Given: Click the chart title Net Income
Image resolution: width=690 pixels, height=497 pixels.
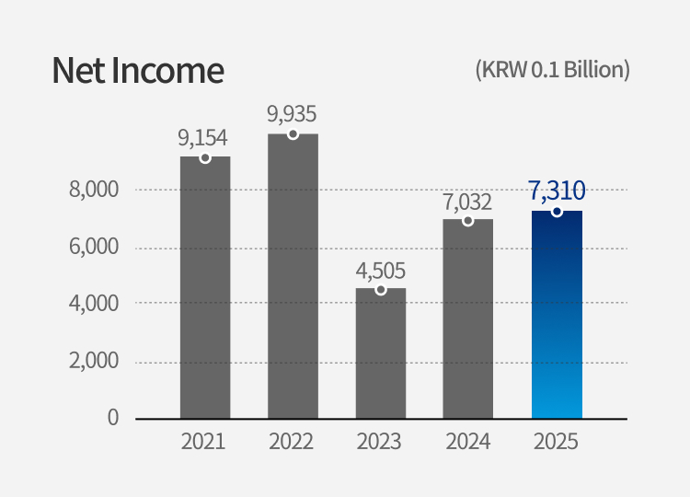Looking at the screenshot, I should coord(138,71).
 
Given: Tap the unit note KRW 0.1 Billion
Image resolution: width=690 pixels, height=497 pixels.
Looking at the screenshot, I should coord(552,70).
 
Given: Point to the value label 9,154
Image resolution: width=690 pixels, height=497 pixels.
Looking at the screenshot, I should coord(203,138).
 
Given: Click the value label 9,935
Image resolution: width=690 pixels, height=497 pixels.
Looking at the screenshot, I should coord(292,114).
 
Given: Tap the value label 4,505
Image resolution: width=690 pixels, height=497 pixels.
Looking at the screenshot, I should coord(380,271).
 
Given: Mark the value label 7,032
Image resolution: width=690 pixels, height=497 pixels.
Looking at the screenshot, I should coord(467,202).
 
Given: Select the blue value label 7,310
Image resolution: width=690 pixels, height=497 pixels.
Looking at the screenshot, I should coord(557,191).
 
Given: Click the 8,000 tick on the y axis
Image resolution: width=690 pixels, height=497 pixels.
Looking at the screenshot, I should coord(94,190).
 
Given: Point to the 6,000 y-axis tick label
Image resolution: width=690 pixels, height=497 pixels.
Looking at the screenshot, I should coord(94,247).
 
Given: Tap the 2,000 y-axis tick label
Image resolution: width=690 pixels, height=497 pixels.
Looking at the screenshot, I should coord(94,361).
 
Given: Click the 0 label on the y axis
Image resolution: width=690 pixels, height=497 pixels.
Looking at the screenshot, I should coord(112,417).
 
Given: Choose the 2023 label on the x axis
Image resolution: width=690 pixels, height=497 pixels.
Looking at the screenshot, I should coord(380,442).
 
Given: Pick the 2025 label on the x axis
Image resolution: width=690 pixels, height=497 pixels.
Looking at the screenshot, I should coord(557,442).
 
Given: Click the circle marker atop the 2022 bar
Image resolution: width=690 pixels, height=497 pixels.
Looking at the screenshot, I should coord(293,134).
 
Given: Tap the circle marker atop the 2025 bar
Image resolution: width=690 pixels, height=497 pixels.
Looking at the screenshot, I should coord(557,212).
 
